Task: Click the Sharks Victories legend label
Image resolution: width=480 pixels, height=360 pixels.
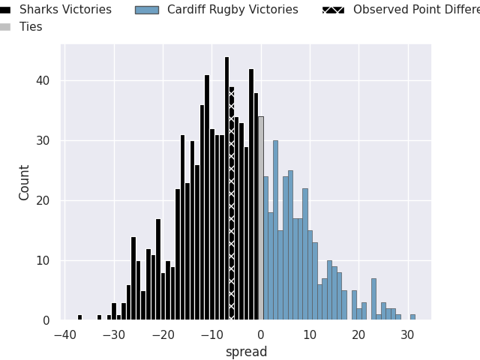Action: pyautogui.click(x=65, y=10)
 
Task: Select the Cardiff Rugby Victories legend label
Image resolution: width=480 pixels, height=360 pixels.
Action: pyautogui.click(x=232, y=10)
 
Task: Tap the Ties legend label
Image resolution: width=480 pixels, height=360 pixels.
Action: pyautogui.click(x=31, y=27)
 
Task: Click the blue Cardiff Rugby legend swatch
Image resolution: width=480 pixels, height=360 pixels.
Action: pyautogui.click(x=147, y=10)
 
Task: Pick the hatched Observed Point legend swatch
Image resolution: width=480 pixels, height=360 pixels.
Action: pyautogui.click(x=334, y=10)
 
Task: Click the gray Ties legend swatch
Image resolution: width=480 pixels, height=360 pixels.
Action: pyautogui.click(x=4, y=27)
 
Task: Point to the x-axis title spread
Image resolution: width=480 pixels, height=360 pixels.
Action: pyautogui.click(x=246, y=352)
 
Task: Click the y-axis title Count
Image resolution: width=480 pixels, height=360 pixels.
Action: pyautogui.click(x=25, y=182)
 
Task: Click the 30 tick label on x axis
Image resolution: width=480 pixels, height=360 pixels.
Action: pyautogui.click(x=407, y=335)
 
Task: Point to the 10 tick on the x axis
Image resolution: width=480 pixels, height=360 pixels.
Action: pyautogui.click(x=310, y=335)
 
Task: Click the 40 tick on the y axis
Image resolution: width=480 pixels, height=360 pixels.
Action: pyautogui.click(x=44, y=81)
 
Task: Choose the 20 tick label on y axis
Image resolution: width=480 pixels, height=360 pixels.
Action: pyautogui.click(x=44, y=201)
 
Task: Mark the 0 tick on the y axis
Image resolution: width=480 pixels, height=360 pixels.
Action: pyautogui.click(x=47, y=320)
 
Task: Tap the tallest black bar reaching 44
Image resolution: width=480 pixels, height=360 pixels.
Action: pyautogui.click(x=226, y=187)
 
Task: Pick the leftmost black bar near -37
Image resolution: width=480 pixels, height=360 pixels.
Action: pyautogui.click(x=79, y=317)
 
